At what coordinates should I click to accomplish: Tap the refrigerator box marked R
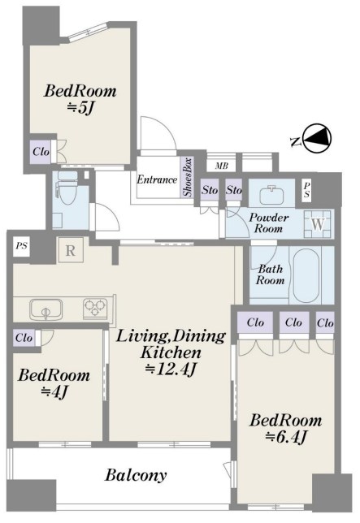click(x=71, y=250)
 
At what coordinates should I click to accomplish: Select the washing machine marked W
click(x=317, y=224)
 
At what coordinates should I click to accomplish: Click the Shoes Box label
click(x=187, y=177)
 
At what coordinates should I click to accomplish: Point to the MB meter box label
click(x=222, y=166)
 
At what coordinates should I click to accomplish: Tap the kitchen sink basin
click(x=46, y=309)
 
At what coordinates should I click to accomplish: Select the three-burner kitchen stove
click(x=95, y=307)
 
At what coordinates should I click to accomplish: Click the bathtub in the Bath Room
click(x=306, y=274)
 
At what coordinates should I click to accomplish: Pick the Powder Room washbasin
click(x=272, y=193)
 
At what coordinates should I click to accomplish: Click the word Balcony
click(x=136, y=475)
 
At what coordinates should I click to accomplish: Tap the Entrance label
click(x=157, y=179)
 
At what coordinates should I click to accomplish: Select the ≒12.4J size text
click(x=170, y=369)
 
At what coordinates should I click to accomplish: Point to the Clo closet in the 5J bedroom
click(x=41, y=152)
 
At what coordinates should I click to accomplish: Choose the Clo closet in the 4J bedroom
click(x=24, y=338)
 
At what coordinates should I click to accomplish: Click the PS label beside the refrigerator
click(x=22, y=247)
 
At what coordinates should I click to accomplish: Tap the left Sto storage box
click(x=210, y=190)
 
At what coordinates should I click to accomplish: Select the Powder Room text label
click(x=269, y=223)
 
